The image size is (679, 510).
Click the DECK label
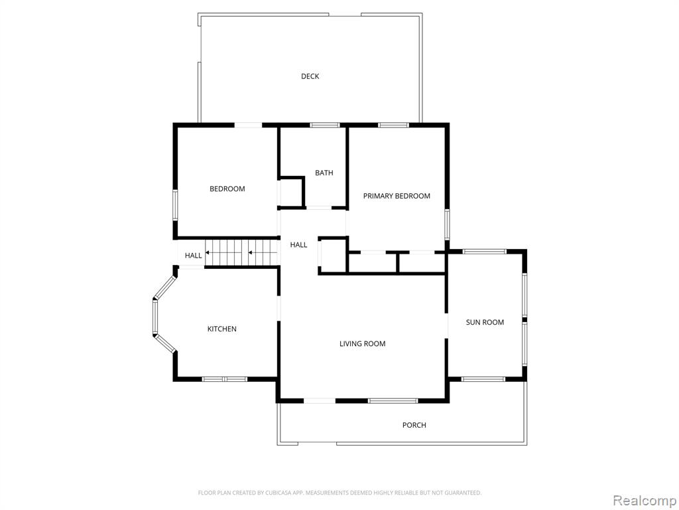pos(310,76)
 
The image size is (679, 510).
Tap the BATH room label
pos(324,173)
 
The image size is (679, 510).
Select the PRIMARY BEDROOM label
pos(397,196)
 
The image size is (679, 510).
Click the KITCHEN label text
pos(221,329)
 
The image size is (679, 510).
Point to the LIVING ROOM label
pos(363,343)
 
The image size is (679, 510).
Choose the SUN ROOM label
pos(485,322)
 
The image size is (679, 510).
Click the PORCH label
pos(414,425)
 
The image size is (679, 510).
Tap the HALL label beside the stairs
pos(193,256)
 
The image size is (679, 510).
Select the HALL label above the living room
pos(298,245)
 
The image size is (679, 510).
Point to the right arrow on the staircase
pos(255,252)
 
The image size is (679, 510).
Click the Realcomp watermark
pos(644,500)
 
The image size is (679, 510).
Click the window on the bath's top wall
pos(324,126)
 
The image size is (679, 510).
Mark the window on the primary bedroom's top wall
pos(393,126)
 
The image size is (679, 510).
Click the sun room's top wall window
pos(484,252)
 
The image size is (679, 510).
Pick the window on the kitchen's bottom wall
pos(224,379)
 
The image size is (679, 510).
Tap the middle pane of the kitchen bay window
pos(154,317)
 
